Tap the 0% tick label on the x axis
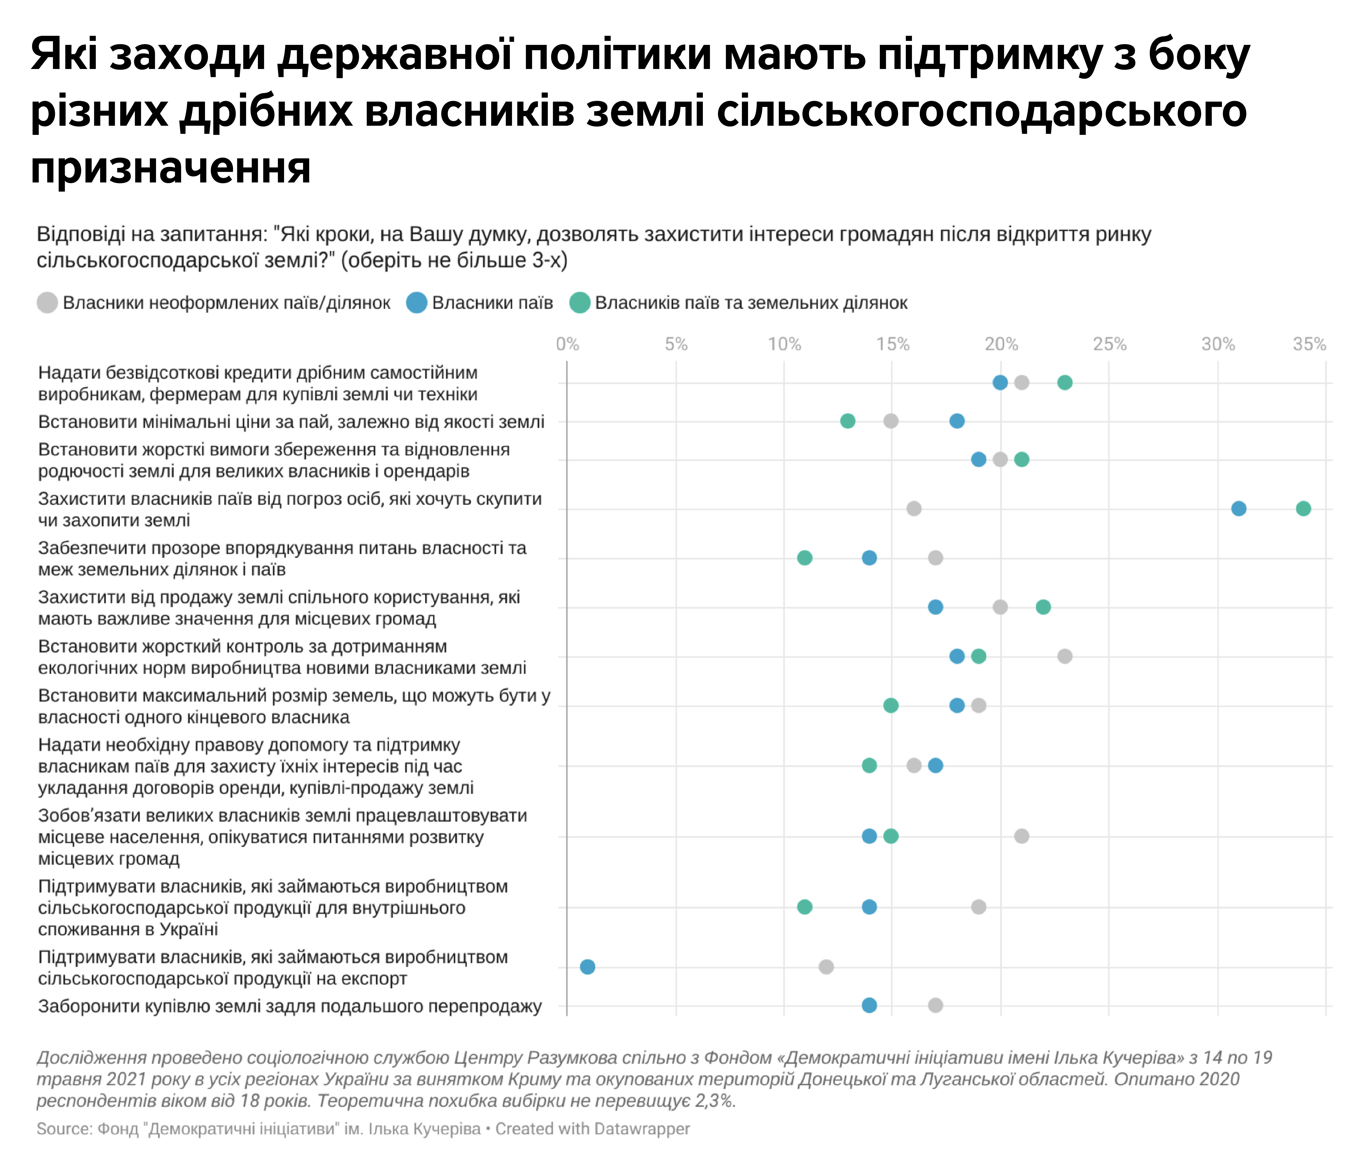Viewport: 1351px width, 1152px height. click(567, 344)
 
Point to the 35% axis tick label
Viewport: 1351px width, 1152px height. click(1309, 344)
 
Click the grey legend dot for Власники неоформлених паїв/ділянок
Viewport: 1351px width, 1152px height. click(47, 303)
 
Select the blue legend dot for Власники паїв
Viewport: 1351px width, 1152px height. click(416, 303)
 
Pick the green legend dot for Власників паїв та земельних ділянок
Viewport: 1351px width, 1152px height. click(579, 303)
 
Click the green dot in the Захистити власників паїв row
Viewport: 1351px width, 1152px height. click(1303, 509)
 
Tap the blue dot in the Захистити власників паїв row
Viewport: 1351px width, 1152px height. click(1238, 509)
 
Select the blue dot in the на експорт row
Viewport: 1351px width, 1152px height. click(588, 967)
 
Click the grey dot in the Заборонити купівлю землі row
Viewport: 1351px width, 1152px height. click(935, 1005)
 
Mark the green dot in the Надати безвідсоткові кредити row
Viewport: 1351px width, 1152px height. click(1064, 383)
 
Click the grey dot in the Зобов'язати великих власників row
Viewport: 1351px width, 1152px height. click(1021, 836)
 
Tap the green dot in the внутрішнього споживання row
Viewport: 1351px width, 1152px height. click(805, 907)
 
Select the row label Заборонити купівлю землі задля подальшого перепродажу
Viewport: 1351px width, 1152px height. click(289, 1006)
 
